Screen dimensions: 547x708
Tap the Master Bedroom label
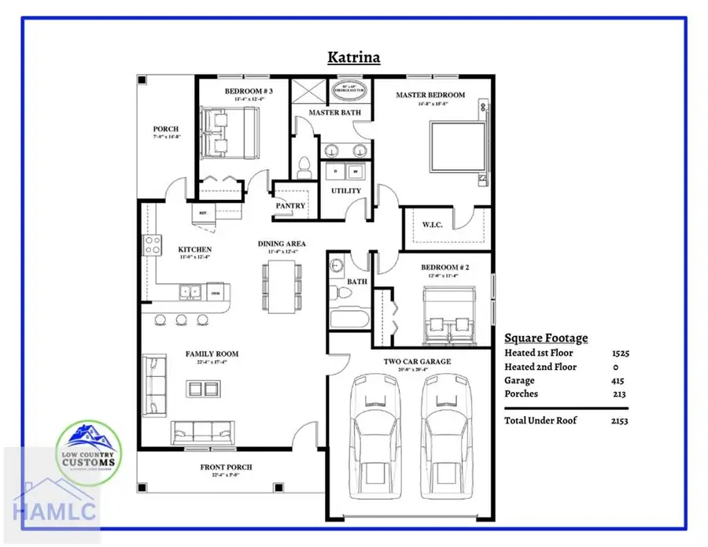point(430,95)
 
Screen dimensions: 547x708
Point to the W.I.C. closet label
point(432,225)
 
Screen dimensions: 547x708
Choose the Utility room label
point(346,190)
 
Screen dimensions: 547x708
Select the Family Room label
point(212,354)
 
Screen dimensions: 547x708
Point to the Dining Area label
point(282,244)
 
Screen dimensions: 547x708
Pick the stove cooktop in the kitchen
point(151,245)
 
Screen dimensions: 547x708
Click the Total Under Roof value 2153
point(618,421)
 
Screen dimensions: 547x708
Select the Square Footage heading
point(545,338)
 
